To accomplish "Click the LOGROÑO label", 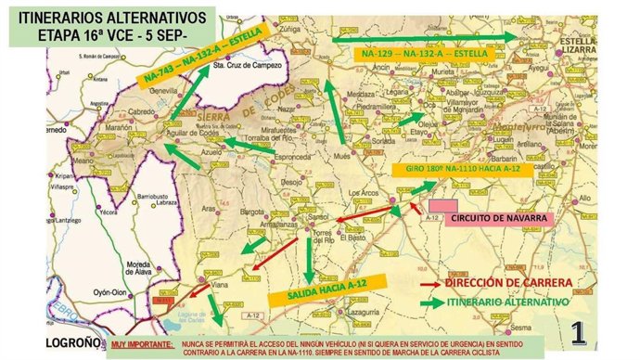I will point(36,341).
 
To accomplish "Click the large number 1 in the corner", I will point(577,332).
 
